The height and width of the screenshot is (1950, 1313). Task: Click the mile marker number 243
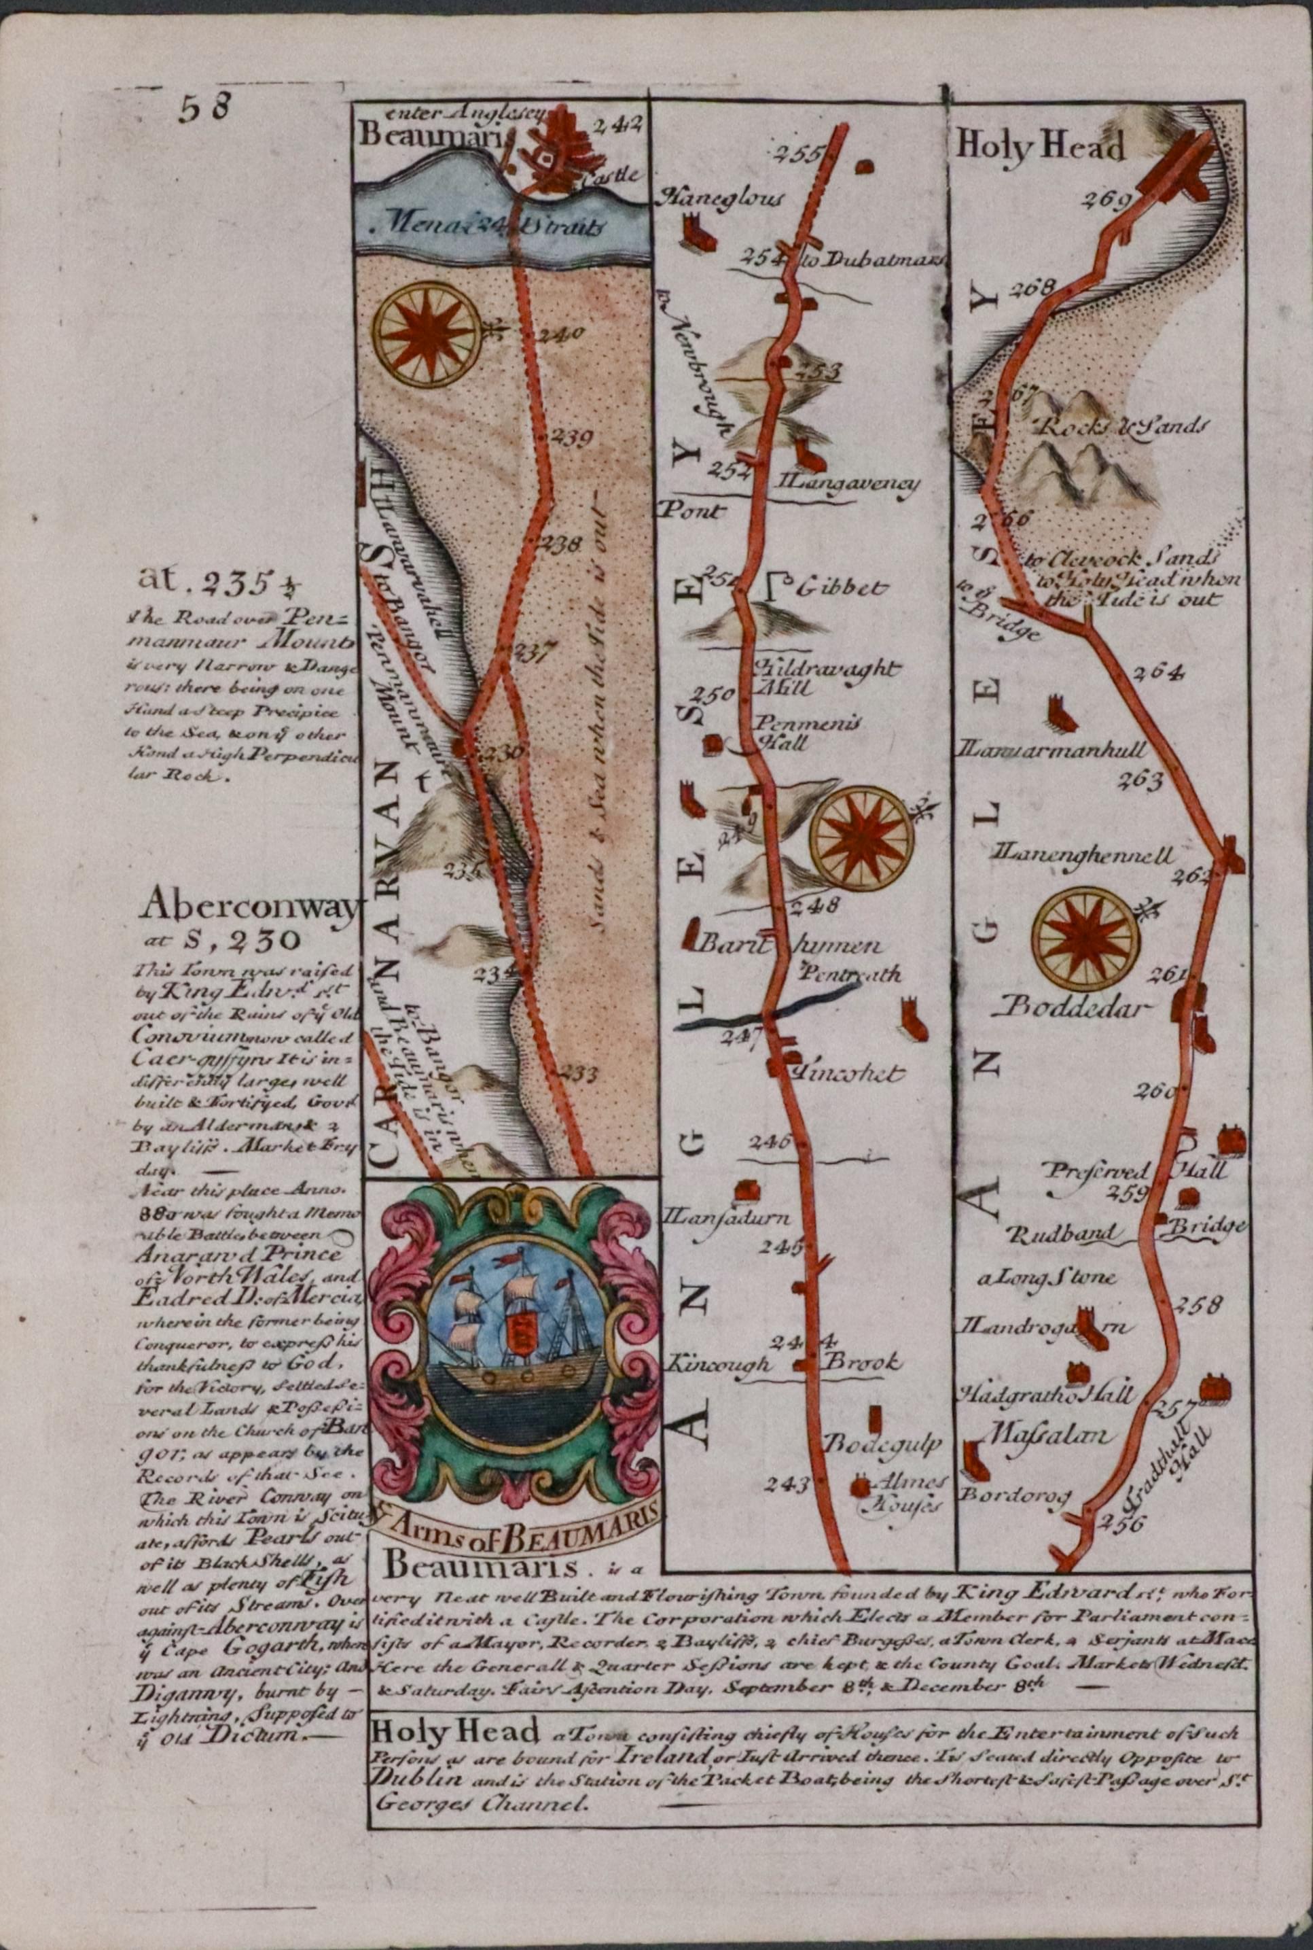pos(788,1484)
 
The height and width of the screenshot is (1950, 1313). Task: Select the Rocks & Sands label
pos(1123,426)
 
